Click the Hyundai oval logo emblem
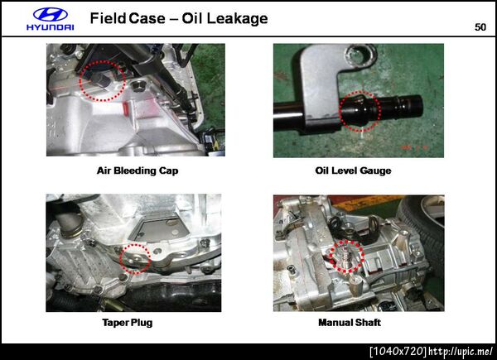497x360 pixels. point(50,15)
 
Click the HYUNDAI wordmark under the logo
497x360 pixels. point(50,27)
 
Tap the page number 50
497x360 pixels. point(480,27)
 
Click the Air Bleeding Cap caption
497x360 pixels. point(138,170)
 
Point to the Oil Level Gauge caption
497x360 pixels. point(353,170)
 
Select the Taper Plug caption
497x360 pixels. point(128,323)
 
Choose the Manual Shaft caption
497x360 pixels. point(350,323)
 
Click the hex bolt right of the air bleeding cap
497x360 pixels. point(138,85)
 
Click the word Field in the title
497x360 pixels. point(108,18)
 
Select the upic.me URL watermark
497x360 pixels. point(461,352)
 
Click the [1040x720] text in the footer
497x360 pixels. point(398,352)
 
